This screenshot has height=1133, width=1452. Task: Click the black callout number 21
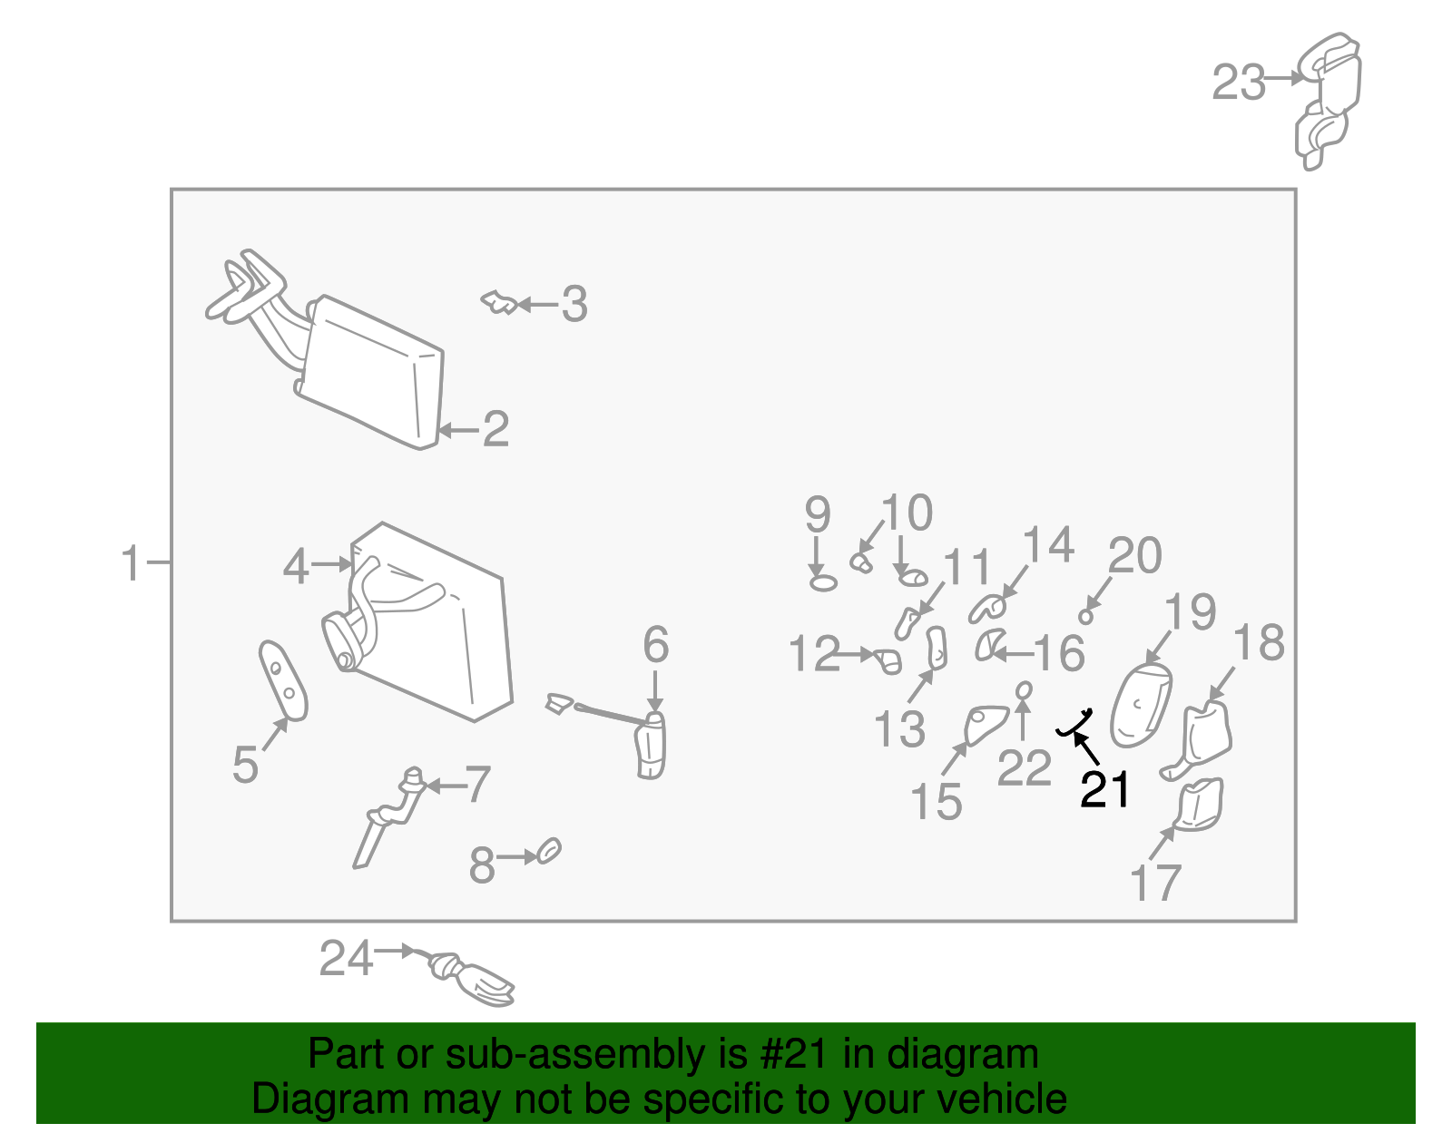(1104, 789)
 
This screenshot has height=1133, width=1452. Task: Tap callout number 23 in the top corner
(1239, 83)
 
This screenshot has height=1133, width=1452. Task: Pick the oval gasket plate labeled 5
(284, 679)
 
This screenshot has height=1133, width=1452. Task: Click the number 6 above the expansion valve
(655, 645)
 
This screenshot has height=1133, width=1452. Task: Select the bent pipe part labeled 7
(390, 816)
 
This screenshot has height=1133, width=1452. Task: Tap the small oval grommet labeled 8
(550, 851)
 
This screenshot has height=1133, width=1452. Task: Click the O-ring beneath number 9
(822, 581)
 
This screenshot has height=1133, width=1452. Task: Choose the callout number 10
(907, 513)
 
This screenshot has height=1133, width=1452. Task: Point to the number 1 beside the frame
(132, 563)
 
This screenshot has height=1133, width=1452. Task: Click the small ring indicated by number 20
(1085, 617)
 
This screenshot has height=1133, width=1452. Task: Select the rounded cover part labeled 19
(1141, 706)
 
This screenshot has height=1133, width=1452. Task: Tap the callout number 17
(1155, 882)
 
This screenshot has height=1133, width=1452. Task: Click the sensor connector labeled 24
(472, 980)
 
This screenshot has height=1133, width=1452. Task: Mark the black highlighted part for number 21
(1074, 724)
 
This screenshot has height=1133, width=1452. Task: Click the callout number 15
(936, 801)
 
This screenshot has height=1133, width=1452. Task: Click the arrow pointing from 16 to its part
(1012, 652)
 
